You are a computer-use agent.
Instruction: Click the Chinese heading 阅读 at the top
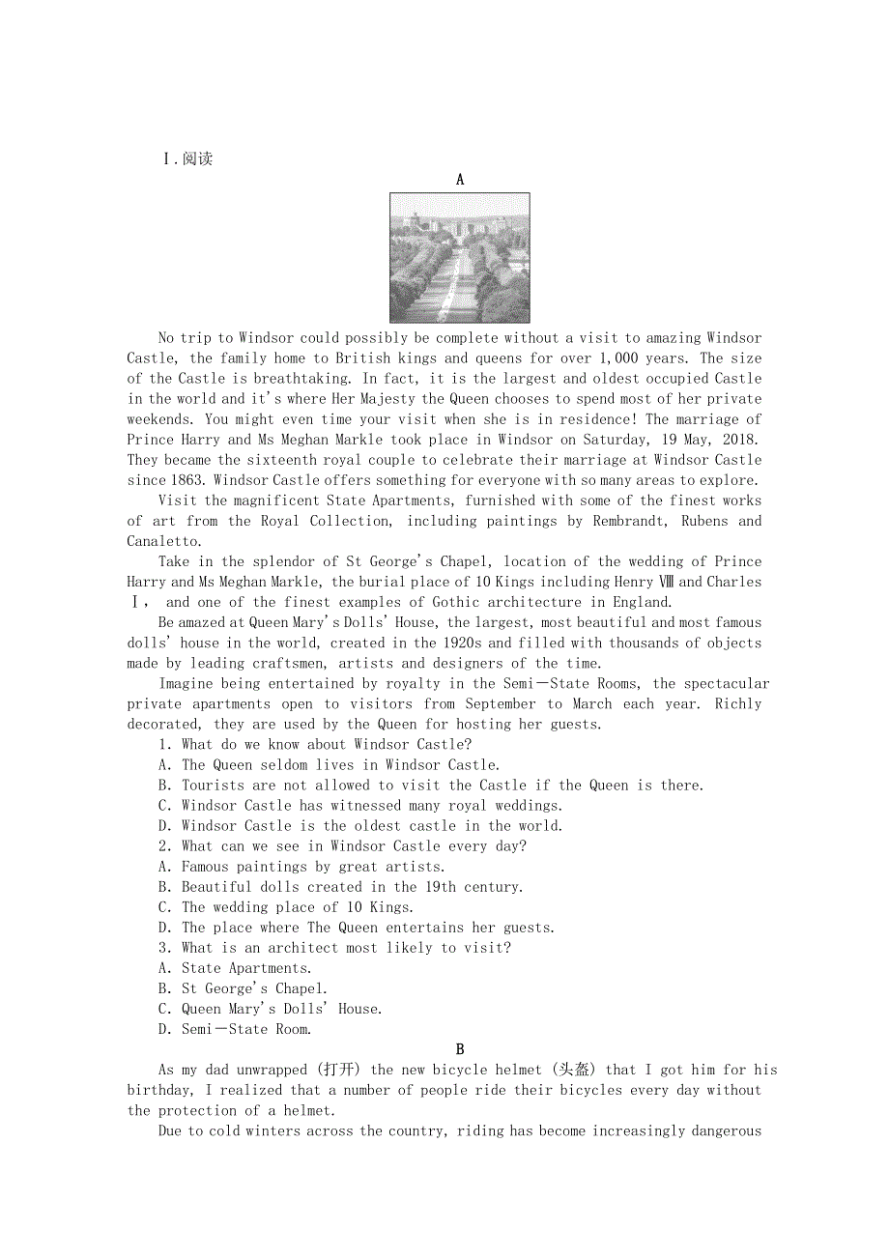click(197, 158)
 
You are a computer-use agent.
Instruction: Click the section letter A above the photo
click(460, 179)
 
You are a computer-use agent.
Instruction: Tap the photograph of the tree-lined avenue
click(459, 257)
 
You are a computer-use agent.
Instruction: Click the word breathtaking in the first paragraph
click(301, 379)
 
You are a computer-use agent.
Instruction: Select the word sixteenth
click(287, 460)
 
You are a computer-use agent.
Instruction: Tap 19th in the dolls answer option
click(440, 886)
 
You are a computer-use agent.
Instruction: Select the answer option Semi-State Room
click(246, 1029)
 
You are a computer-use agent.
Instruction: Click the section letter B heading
click(460, 1049)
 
